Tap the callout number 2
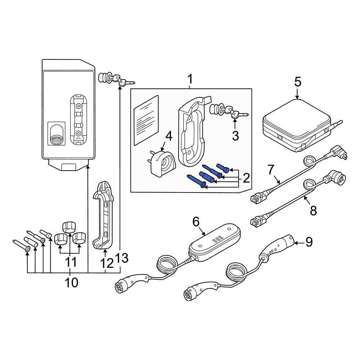246,177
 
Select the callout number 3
235,136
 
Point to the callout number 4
168,137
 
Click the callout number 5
297,82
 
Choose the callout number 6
195,222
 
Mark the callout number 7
271,169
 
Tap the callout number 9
309,242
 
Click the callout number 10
71,283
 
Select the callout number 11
71,262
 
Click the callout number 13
122,258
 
